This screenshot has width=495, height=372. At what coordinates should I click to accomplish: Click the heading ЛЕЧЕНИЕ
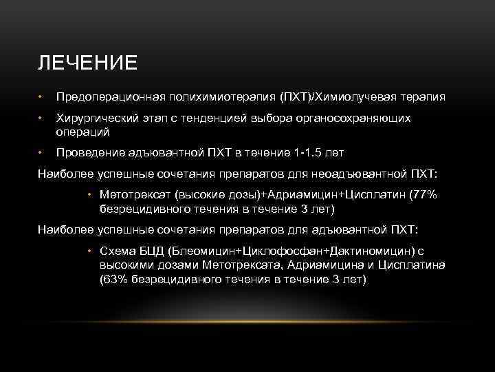(x=87, y=63)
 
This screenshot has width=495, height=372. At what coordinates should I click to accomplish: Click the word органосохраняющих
(x=352, y=118)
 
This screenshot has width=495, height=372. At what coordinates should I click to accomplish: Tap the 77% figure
(x=423, y=195)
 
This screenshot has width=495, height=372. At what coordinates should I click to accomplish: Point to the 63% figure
(x=114, y=279)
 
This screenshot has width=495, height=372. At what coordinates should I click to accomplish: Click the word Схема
(x=116, y=252)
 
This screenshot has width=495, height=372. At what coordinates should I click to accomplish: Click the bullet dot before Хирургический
(x=41, y=119)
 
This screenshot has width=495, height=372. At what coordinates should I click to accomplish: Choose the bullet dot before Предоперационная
(x=41, y=98)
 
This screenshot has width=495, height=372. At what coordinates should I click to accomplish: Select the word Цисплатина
(x=415, y=266)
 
